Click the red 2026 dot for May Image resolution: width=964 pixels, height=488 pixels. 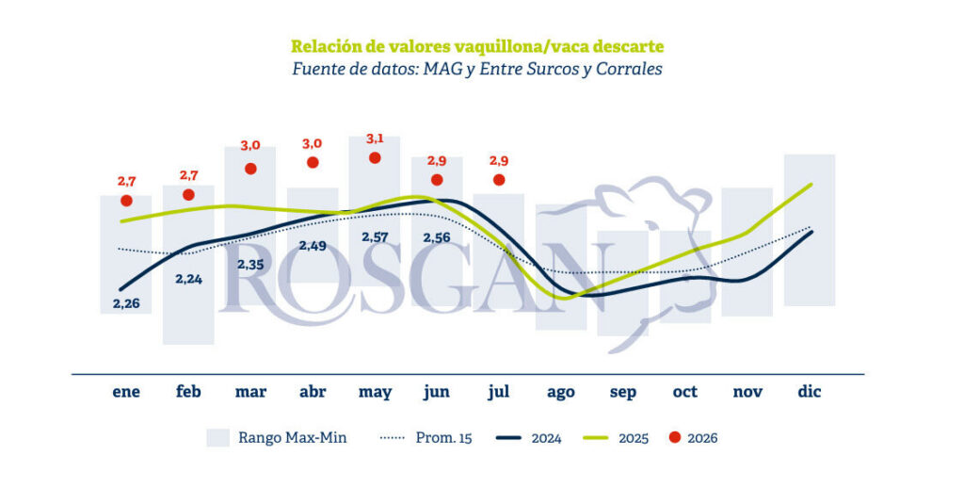click(x=375, y=158)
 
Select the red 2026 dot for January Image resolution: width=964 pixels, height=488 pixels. click(x=127, y=201)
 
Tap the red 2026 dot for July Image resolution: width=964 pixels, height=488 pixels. click(x=499, y=180)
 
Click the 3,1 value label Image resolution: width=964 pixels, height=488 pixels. click(x=375, y=139)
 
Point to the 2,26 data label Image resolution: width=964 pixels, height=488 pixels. click(x=127, y=303)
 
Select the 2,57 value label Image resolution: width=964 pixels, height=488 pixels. click(x=375, y=236)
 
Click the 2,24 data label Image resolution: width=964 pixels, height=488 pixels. click(x=188, y=279)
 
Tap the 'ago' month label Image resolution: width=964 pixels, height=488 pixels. click(x=561, y=392)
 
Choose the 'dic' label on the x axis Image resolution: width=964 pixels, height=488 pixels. click(x=809, y=391)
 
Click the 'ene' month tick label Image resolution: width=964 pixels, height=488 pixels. click(x=127, y=392)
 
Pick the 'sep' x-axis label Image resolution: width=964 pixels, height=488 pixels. click(x=623, y=393)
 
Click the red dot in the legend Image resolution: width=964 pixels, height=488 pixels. click(x=675, y=437)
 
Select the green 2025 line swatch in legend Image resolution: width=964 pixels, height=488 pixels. click(x=595, y=438)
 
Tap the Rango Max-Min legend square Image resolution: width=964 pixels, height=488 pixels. click(x=217, y=437)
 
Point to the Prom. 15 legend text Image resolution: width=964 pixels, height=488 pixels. click(x=444, y=437)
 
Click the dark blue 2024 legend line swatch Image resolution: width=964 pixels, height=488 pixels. click(x=508, y=438)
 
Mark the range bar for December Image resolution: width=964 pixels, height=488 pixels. click(x=809, y=230)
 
